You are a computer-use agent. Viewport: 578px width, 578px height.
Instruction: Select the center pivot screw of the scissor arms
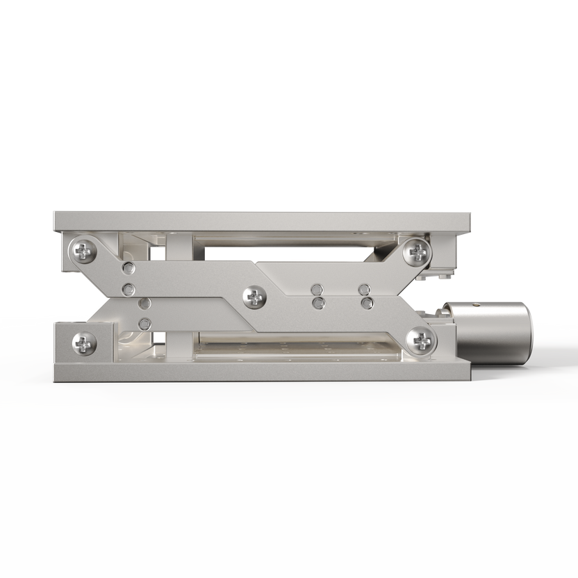(254, 298)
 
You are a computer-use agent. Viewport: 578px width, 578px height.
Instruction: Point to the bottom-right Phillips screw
(421, 340)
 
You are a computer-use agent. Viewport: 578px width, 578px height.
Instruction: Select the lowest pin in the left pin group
(144, 323)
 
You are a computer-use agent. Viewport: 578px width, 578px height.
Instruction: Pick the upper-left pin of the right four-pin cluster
(317, 289)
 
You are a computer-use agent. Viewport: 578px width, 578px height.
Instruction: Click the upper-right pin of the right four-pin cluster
(363, 289)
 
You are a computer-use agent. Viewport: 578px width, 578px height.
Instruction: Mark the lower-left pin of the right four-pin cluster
(317, 303)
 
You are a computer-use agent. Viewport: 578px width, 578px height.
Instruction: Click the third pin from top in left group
(144, 304)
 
